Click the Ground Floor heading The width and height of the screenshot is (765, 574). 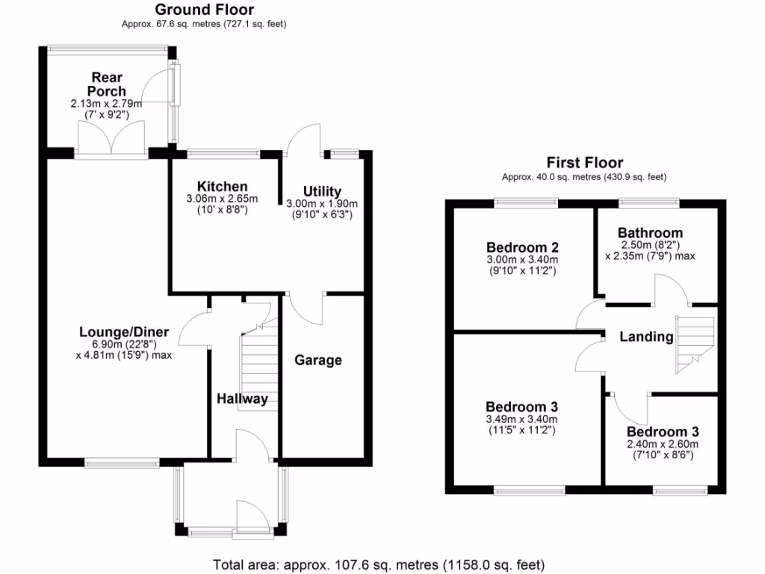point(204,10)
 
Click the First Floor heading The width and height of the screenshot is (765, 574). point(584,162)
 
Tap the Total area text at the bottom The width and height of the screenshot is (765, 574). point(379,564)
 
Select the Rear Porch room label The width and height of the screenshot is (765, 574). point(107,84)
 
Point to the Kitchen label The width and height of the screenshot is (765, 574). point(222,186)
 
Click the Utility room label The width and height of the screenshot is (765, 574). point(322,191)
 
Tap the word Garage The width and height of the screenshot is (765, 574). point(318,360)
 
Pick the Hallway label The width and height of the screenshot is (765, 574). point(242,399)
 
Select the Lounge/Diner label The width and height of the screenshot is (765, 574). point(124,333)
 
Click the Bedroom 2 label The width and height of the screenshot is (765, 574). point(523,247)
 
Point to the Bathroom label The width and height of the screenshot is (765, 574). point(650,233)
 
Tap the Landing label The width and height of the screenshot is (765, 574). point(646,337)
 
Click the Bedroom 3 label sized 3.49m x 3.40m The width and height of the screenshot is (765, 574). point(522,407)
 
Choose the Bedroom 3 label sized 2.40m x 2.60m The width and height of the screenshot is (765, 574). point(663,432)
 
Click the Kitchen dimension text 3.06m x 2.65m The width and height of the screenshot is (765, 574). point(222,199)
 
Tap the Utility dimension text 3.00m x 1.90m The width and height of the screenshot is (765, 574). point(322,204)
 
